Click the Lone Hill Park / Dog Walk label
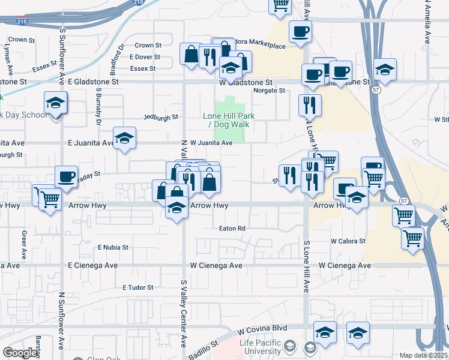[228, 119]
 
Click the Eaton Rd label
[232, 229]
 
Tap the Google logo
[20, 353]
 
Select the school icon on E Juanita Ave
[124, 139]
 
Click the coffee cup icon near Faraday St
[66, 177]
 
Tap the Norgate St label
[269, 91]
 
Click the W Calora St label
[348, 241]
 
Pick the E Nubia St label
[113, 247]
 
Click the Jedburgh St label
[162, 118]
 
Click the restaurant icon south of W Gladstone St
[310, 105]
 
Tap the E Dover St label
[145, 57]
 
